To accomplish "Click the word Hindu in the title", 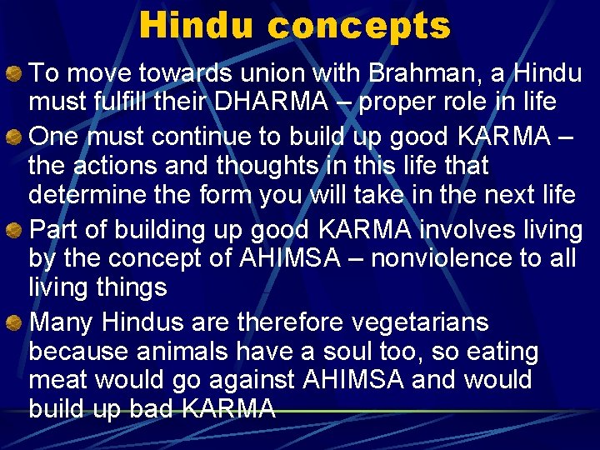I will (198, 25).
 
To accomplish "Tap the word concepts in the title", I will (359, 27).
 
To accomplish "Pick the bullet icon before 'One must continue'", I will (17, 137).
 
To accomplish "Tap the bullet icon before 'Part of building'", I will (17, 229).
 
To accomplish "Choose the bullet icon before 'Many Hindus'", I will (17, 322).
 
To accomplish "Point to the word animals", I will (192, 351).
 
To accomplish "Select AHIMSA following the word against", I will (351, 380).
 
